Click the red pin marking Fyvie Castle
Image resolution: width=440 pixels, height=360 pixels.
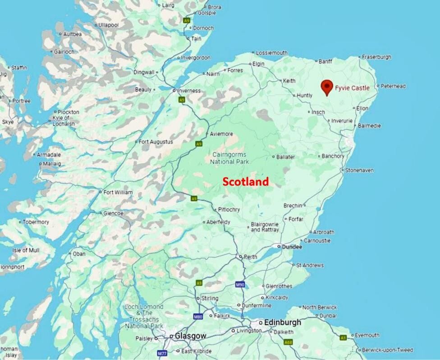click(327, 86)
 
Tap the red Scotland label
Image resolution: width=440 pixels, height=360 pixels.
click(246, 182)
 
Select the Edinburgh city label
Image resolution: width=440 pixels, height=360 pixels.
click(283, 323)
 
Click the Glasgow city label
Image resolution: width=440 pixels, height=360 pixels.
click(191, 336)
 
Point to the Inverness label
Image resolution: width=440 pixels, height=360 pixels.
click(189, 91)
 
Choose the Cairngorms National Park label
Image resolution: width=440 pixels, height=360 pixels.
click(230, 158)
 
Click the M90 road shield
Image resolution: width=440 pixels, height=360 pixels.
click(240, 285)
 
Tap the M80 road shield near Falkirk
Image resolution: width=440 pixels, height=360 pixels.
click(198, 317)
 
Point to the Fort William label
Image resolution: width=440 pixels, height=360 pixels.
click(118, 193)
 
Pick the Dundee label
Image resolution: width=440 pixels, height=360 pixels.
click(292, 247)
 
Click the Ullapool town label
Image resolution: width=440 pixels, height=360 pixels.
click(108, 25)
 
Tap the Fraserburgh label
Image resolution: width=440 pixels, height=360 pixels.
click(377, 57)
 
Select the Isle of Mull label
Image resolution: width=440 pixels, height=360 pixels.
click(26, 250)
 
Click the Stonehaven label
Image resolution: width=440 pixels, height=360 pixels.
click(359, 170)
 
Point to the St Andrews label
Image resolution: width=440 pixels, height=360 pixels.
click(310, 265)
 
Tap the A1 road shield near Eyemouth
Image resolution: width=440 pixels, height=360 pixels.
click(343, 337)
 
